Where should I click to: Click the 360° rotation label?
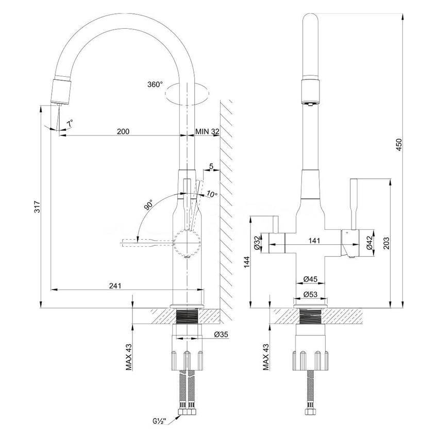point(155,85)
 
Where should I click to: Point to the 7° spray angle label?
point(70,123)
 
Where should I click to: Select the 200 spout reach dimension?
point(123,131)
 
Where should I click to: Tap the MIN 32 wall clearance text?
point(207,131)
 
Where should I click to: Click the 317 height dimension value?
point(37,207)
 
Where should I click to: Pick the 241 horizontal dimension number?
point(115,286)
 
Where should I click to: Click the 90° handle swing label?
point(148,205)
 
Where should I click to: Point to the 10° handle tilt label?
point(212,194)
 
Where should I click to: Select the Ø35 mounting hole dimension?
point(221,334)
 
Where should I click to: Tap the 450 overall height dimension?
point(399,145)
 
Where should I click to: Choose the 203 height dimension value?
point(386,243)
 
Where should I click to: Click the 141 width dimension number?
point(314,241)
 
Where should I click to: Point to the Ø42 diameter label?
point(369,243)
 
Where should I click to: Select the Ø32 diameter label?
point(257,243)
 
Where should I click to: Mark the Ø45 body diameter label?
point(310,279)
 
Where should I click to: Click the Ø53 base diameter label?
point(310,294)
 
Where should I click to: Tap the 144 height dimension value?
point(247,262)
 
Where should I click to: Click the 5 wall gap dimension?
point(211,166)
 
